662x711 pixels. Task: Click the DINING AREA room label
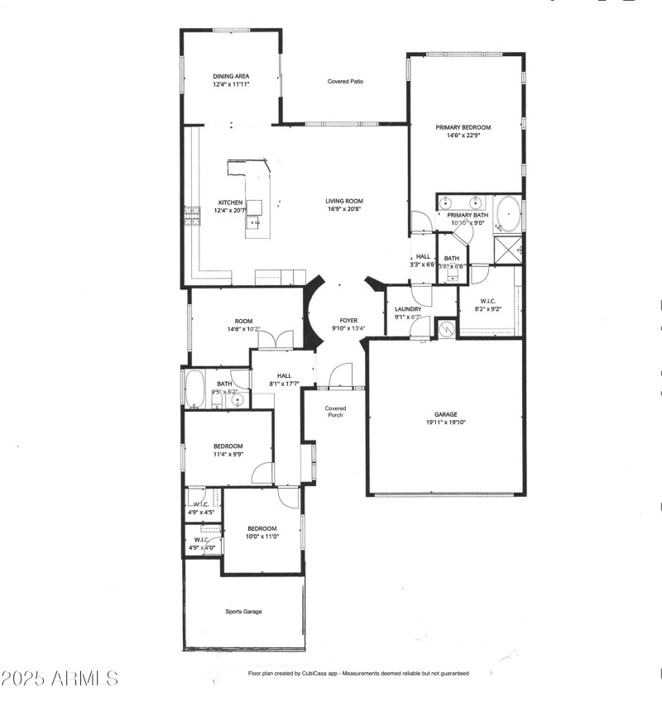231,76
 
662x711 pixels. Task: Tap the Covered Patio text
346,82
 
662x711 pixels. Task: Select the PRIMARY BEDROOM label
463,127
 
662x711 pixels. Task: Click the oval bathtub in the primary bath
507,214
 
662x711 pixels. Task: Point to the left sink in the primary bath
447,203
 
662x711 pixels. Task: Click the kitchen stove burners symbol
192,216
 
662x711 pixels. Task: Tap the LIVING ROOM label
343,201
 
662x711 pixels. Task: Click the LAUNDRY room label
408,309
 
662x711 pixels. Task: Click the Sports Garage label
244,612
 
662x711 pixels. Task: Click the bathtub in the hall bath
196,389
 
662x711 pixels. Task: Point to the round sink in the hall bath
237,401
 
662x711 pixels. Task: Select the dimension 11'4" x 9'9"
228,454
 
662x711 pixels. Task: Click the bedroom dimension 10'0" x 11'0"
261,536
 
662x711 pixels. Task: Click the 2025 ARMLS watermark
60,679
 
